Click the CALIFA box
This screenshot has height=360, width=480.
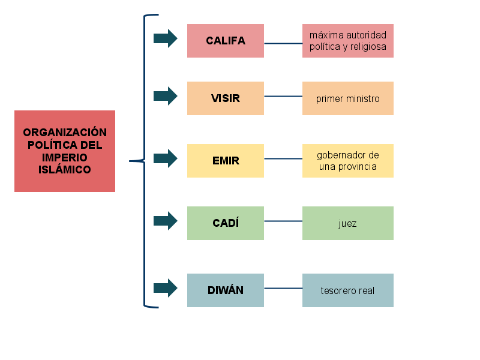(x=226, y=41)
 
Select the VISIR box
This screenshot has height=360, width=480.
(x=226, y=98)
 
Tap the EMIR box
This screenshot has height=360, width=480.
(x=226, y=161)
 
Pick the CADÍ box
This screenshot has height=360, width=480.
(x=226, y=223)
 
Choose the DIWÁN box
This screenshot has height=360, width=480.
(x=226, y=290)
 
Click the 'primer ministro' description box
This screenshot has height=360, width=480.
(x=348, y=98)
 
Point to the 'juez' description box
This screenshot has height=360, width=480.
(x=348, y=223)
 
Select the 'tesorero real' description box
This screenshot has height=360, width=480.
(x=348, y=290)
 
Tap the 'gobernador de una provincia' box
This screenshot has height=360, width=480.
(x=348, y=161)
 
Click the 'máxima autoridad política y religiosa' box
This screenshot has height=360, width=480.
(x=348, y=41)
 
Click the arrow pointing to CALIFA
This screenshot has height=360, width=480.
(x=165, y=38)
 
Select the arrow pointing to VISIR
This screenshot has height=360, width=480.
(x=165, y=96)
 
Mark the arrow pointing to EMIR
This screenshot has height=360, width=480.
(x=165, y=158)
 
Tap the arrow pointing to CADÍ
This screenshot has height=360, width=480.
(x=165, y=221)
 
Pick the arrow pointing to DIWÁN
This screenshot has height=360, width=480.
(x=165, y=288)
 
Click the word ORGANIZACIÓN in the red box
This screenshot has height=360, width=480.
(x=65, y=133)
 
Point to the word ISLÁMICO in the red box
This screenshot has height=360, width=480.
(x=65, y=170)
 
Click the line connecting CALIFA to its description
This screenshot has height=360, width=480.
(x=283, y=43)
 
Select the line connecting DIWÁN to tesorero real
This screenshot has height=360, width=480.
(x=283, y=289)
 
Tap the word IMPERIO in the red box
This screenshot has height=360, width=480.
(x=65, y=157)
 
